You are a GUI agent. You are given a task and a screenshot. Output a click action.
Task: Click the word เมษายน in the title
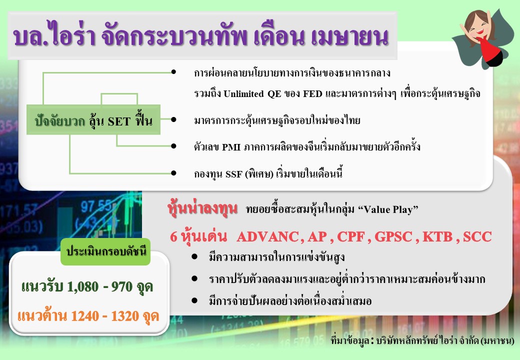click(349, 36)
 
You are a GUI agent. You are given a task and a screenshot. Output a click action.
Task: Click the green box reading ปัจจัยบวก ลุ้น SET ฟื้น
click(93, 119)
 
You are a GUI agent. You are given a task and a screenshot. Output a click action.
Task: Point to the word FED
click(312, 94)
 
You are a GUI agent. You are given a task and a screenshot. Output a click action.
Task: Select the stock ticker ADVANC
click(268, 236)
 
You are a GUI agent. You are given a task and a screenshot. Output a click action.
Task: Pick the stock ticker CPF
click(351, 236)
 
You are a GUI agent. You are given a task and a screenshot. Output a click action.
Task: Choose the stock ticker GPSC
click(393, 236)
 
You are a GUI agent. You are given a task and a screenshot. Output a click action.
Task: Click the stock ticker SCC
click(477, 236)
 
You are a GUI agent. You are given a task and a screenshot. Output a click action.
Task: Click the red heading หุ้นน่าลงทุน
click(202, 208)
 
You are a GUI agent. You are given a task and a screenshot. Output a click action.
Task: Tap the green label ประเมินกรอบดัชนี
click(106, 251)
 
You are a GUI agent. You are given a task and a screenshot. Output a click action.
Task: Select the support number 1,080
click(83, 286)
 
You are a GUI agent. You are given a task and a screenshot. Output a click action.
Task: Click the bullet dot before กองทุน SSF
click(173, 173)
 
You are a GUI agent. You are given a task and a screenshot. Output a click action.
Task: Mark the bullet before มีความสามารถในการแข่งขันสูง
click(194, 256)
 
